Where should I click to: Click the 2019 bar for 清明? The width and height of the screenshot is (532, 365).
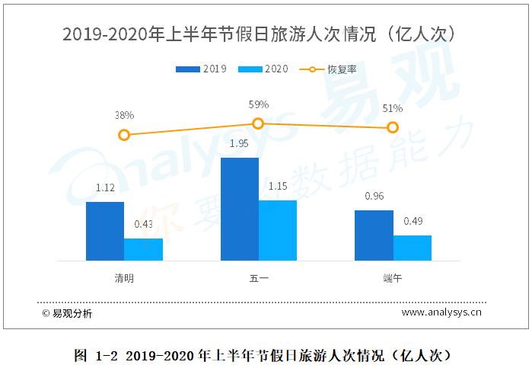(x=105, y=232)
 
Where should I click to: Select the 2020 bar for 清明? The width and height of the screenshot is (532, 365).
(x=143, y=250)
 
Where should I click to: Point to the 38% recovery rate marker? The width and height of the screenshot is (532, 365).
(x=125, y=135)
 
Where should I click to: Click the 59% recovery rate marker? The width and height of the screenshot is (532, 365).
(x=258, y=123)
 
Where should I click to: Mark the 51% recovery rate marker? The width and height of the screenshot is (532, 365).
(x=393, y=127)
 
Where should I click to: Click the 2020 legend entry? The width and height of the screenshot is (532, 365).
(x=263, y=69)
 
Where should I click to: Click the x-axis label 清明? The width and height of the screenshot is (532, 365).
(x=124, y=279)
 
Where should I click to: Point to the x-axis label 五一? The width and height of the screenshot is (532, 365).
(x=259, y=279)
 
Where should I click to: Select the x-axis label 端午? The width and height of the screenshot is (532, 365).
(x=393, y=279)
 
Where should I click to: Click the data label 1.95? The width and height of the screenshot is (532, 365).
(x=240, y=143)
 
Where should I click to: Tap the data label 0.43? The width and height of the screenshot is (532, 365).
(x=143, y=224)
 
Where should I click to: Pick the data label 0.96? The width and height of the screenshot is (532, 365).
(x=374, y=196)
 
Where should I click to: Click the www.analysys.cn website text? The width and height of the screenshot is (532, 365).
(x=442, y=312)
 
